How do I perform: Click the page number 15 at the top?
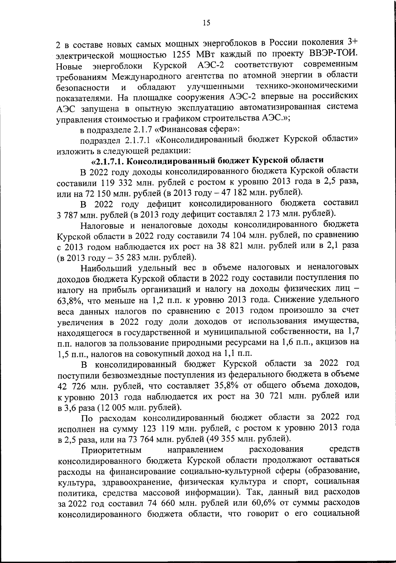pos(206,23)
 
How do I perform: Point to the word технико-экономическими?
pos(307,86)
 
